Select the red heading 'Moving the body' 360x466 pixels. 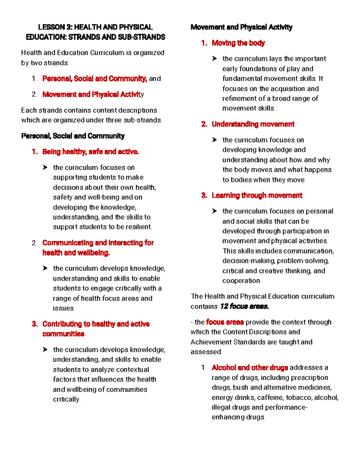tap(238, 43)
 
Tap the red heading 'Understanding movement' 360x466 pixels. tap(253, 124)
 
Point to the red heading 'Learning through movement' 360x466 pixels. tap(257, 196)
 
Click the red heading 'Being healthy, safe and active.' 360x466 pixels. tap(91, 152)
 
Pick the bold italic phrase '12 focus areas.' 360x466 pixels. tap(244, 306)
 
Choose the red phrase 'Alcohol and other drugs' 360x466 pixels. tap(250, 368)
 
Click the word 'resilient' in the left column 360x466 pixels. tap(138, 227)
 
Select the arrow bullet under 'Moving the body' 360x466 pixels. tap(214, 59)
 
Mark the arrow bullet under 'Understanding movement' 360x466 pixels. tap(214, 140)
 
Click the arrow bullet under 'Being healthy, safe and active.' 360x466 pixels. tap(45, 167)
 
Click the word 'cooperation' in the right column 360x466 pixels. tap(241, 281)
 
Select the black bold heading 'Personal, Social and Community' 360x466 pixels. tap(73, 136)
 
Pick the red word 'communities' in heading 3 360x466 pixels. tap(63, 334)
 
